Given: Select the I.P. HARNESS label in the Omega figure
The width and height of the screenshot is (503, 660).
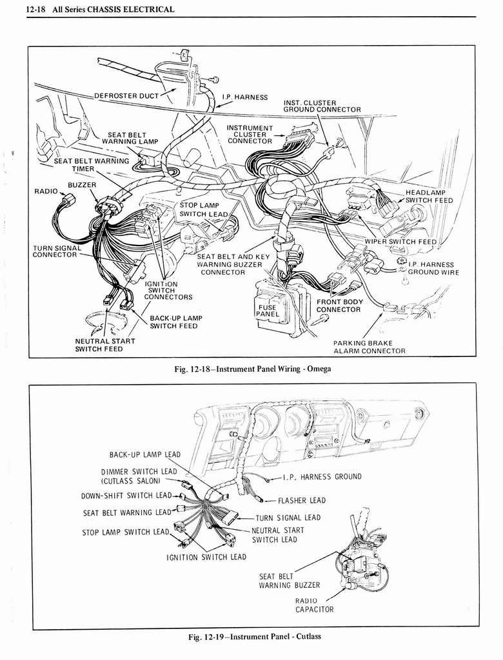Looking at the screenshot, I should point(244,97).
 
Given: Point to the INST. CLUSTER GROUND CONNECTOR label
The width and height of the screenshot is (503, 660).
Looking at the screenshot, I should point(322,106).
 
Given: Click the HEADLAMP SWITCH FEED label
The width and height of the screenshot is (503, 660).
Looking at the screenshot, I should point(428,197).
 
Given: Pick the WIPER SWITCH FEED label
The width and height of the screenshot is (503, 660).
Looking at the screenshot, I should point(400,242).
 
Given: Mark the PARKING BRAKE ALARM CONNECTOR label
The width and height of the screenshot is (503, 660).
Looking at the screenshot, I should point(369,347).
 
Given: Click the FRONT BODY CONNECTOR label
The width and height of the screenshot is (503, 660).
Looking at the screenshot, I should point(339,306).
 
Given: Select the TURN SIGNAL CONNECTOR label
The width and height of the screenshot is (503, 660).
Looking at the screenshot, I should point(57,251).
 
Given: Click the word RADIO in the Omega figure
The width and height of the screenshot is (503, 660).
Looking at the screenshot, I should point(46,191).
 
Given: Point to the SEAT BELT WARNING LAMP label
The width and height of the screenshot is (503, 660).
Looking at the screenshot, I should point(129,138).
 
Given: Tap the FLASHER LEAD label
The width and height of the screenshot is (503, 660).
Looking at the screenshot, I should point(301,500).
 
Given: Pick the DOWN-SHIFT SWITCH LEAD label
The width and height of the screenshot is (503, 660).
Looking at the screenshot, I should point(126,496).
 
